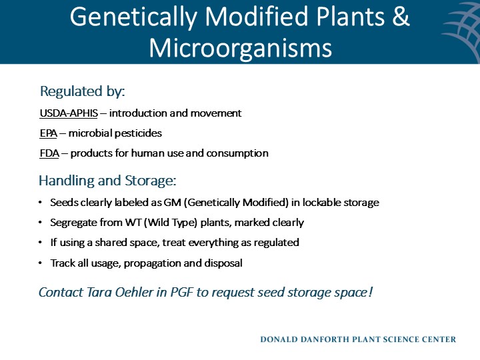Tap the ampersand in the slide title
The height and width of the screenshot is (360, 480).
click(x=401, y=17)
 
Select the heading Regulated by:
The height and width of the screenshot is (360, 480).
click(x=83, y=91)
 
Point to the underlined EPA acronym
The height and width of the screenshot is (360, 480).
click(x=48, y=133)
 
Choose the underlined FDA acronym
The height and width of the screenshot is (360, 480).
click(x=49, y=153)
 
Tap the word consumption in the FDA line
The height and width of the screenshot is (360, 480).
click(x=237, y=153)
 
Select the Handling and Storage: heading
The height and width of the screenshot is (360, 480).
click(x=107, y=181)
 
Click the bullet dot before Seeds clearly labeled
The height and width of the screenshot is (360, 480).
click(x=41, y=203)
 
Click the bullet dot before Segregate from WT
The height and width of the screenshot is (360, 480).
click(x=41, y=223)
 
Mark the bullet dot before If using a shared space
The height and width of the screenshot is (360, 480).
click(x=41, y=243)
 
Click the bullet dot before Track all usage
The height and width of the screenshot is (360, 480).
click(x=41, y=263)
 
